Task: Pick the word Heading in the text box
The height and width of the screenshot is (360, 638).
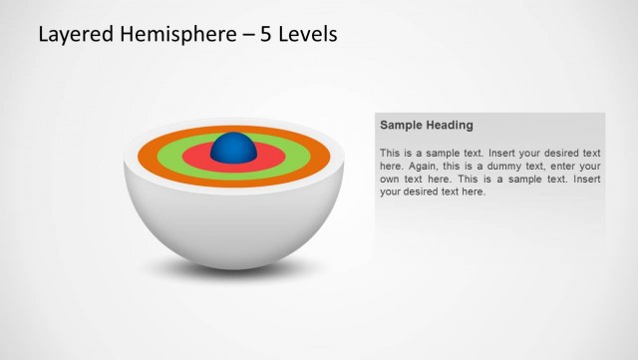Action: coord(451,126)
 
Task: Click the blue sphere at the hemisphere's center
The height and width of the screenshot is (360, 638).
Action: coord(234,148)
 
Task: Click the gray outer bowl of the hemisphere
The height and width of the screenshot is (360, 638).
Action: coord(233,224)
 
